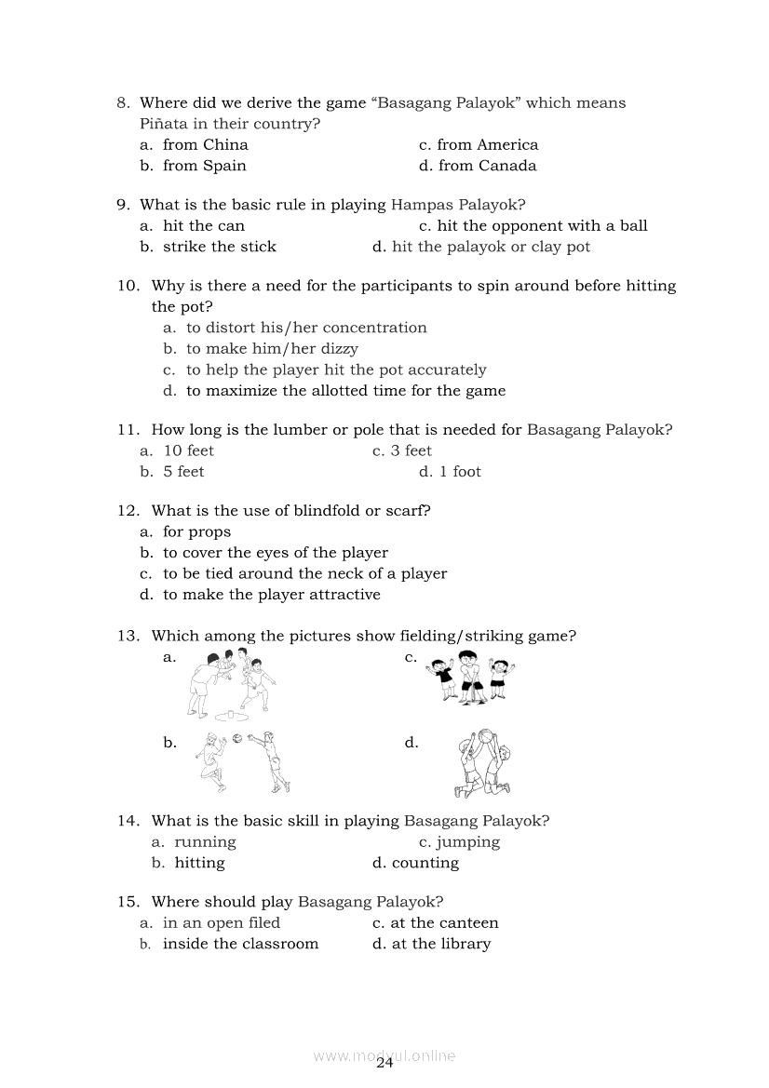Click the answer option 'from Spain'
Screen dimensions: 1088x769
[204, 166]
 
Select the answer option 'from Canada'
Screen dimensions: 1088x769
[487, 166]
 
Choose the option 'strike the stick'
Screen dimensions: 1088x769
[219, 247]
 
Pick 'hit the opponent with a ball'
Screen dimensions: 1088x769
[542, 225]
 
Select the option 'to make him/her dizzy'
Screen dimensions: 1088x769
[272, 349]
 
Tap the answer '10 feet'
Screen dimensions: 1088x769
[188, 450]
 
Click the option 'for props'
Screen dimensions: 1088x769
[196, 531]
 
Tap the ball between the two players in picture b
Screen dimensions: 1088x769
[237, 739]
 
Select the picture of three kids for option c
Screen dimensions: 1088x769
[471, 678]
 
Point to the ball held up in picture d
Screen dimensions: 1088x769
[485, 736]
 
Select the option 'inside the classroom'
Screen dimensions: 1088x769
[240, 944]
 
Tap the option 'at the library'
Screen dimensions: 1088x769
[440, 944]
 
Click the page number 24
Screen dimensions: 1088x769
[385, 1064]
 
